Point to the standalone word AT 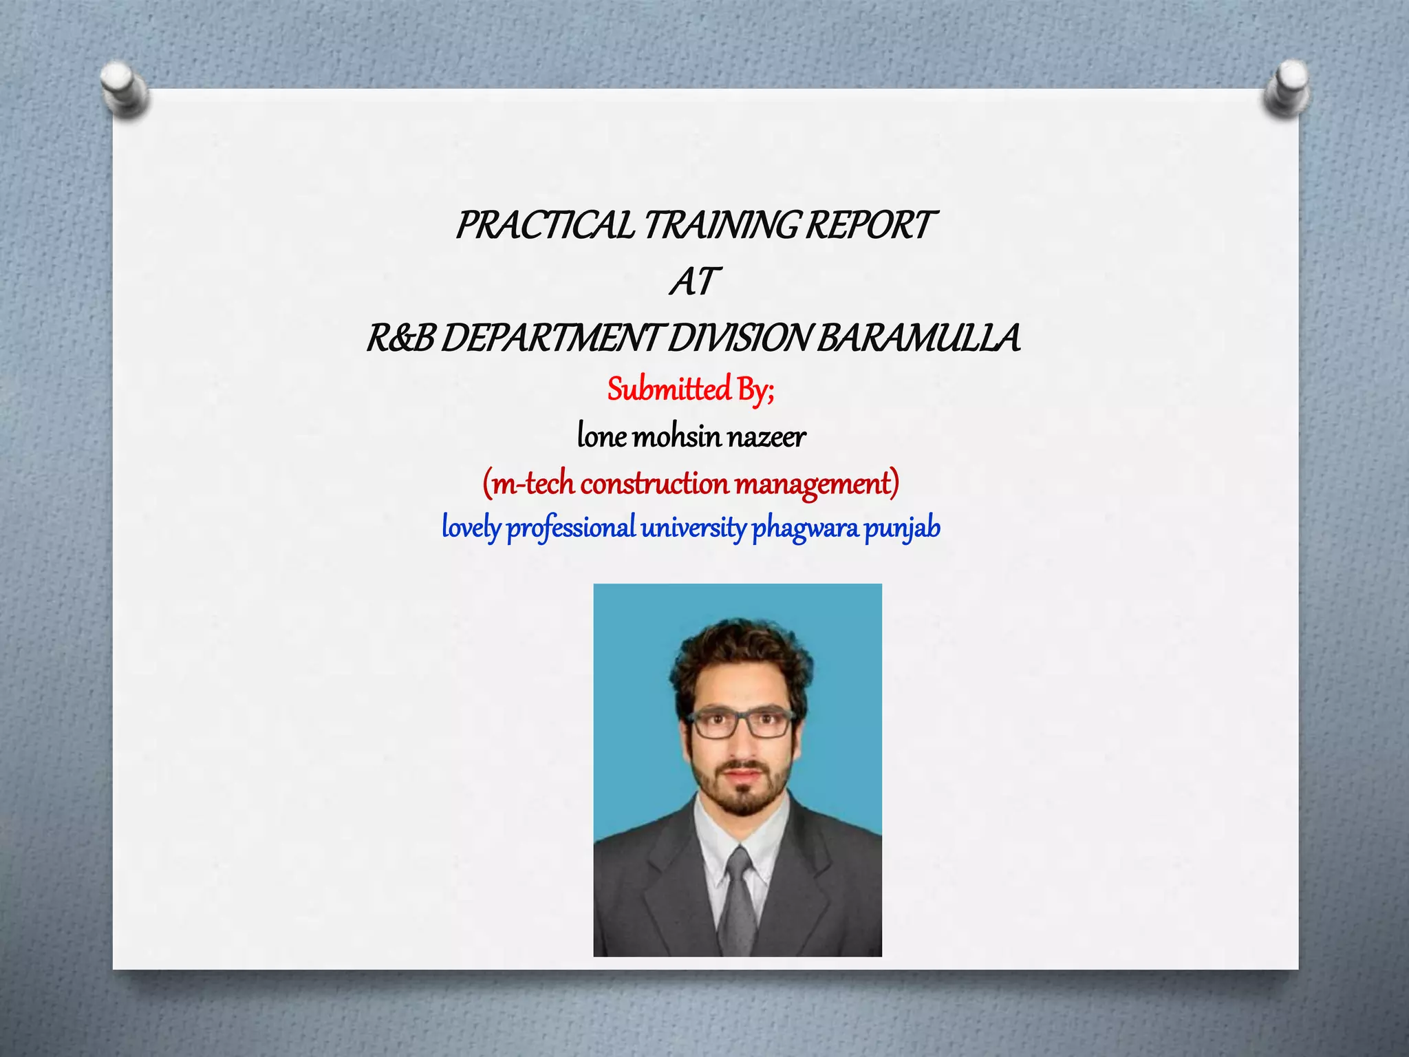click(x=693, y=282)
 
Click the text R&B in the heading click(x=400, y=339)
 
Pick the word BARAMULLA click(x=918, y=339)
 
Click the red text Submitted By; click(x=691, y=390)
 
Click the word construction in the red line click(x=654, y=484)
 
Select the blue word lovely click(x=471, y=528)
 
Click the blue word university click(x=693, y=528)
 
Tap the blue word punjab click(x=902, y=528)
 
